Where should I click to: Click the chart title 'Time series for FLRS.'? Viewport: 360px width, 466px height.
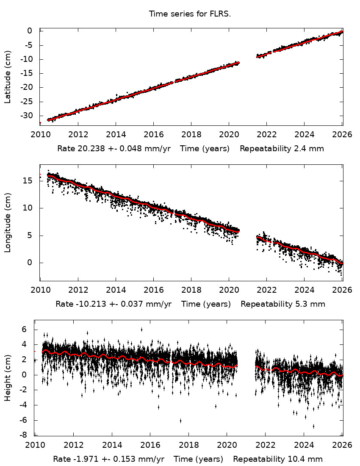point(189,14)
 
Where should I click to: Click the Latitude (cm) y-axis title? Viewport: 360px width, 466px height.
point(8,77)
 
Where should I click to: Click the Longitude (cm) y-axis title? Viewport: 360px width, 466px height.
point(8,223)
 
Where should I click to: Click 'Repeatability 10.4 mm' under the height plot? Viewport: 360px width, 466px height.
point(278,459)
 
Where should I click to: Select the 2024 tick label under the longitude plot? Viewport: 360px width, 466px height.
point(304,291)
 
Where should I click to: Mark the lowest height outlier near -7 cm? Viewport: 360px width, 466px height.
point(313,426)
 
